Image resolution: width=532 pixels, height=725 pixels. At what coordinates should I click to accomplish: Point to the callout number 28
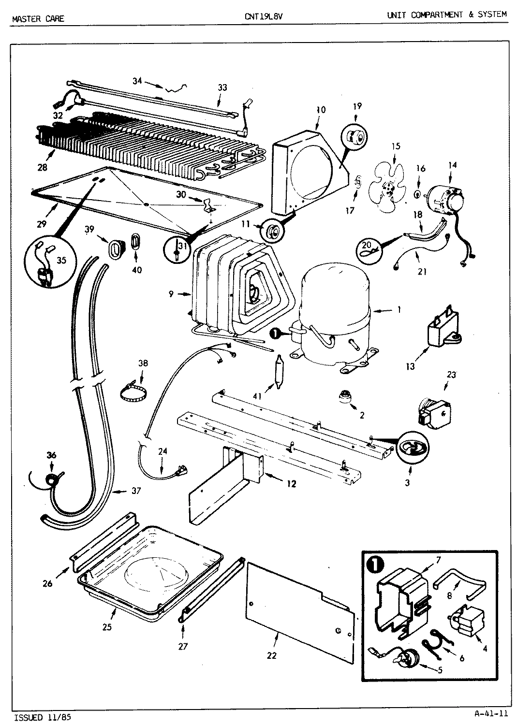point(43,168)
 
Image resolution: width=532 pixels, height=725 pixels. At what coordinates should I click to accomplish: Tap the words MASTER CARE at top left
point(38,19)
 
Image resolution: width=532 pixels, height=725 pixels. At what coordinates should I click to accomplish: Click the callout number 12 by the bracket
point(291,483)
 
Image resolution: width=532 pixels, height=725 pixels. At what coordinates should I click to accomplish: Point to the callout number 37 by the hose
point(136,491)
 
